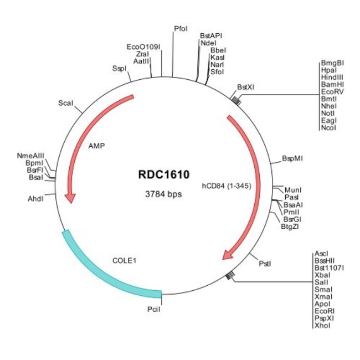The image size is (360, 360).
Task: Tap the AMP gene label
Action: [96, 147]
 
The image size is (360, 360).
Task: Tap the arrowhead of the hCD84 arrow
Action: [227, 254]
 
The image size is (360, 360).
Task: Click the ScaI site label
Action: [66, 103]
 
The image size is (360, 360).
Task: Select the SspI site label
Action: [119, 69]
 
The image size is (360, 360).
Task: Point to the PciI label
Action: [154, 311]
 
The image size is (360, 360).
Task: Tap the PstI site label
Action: [265, 264]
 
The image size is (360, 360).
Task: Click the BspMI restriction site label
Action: [292, 158]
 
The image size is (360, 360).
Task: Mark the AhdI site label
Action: [35, 198]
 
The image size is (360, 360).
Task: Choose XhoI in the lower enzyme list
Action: [322, 326]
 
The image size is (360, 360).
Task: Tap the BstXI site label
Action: [245, 87]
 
